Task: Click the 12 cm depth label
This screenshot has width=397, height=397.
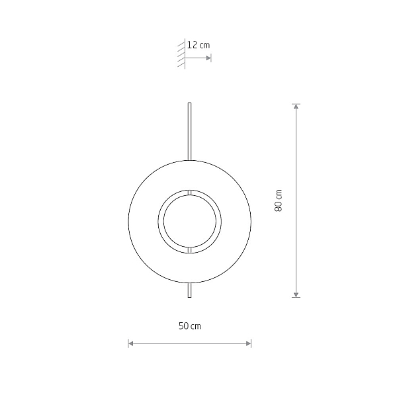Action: pos(198,45)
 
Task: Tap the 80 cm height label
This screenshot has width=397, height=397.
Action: pos(279,200)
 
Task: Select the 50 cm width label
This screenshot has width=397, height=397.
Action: pos(190,326)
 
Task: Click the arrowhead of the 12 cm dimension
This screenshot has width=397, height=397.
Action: pos(208,58)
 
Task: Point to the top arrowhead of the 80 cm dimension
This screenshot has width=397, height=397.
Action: pos(296,107)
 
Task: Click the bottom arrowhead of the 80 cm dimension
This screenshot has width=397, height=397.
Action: pos(296,294)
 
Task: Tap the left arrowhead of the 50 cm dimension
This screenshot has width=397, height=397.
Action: pos(131,343)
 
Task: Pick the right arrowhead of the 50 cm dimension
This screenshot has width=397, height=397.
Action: pos(249,343)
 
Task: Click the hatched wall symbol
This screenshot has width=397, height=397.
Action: pos(181,54)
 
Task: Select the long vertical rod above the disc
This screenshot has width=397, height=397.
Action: pos(189,132)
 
